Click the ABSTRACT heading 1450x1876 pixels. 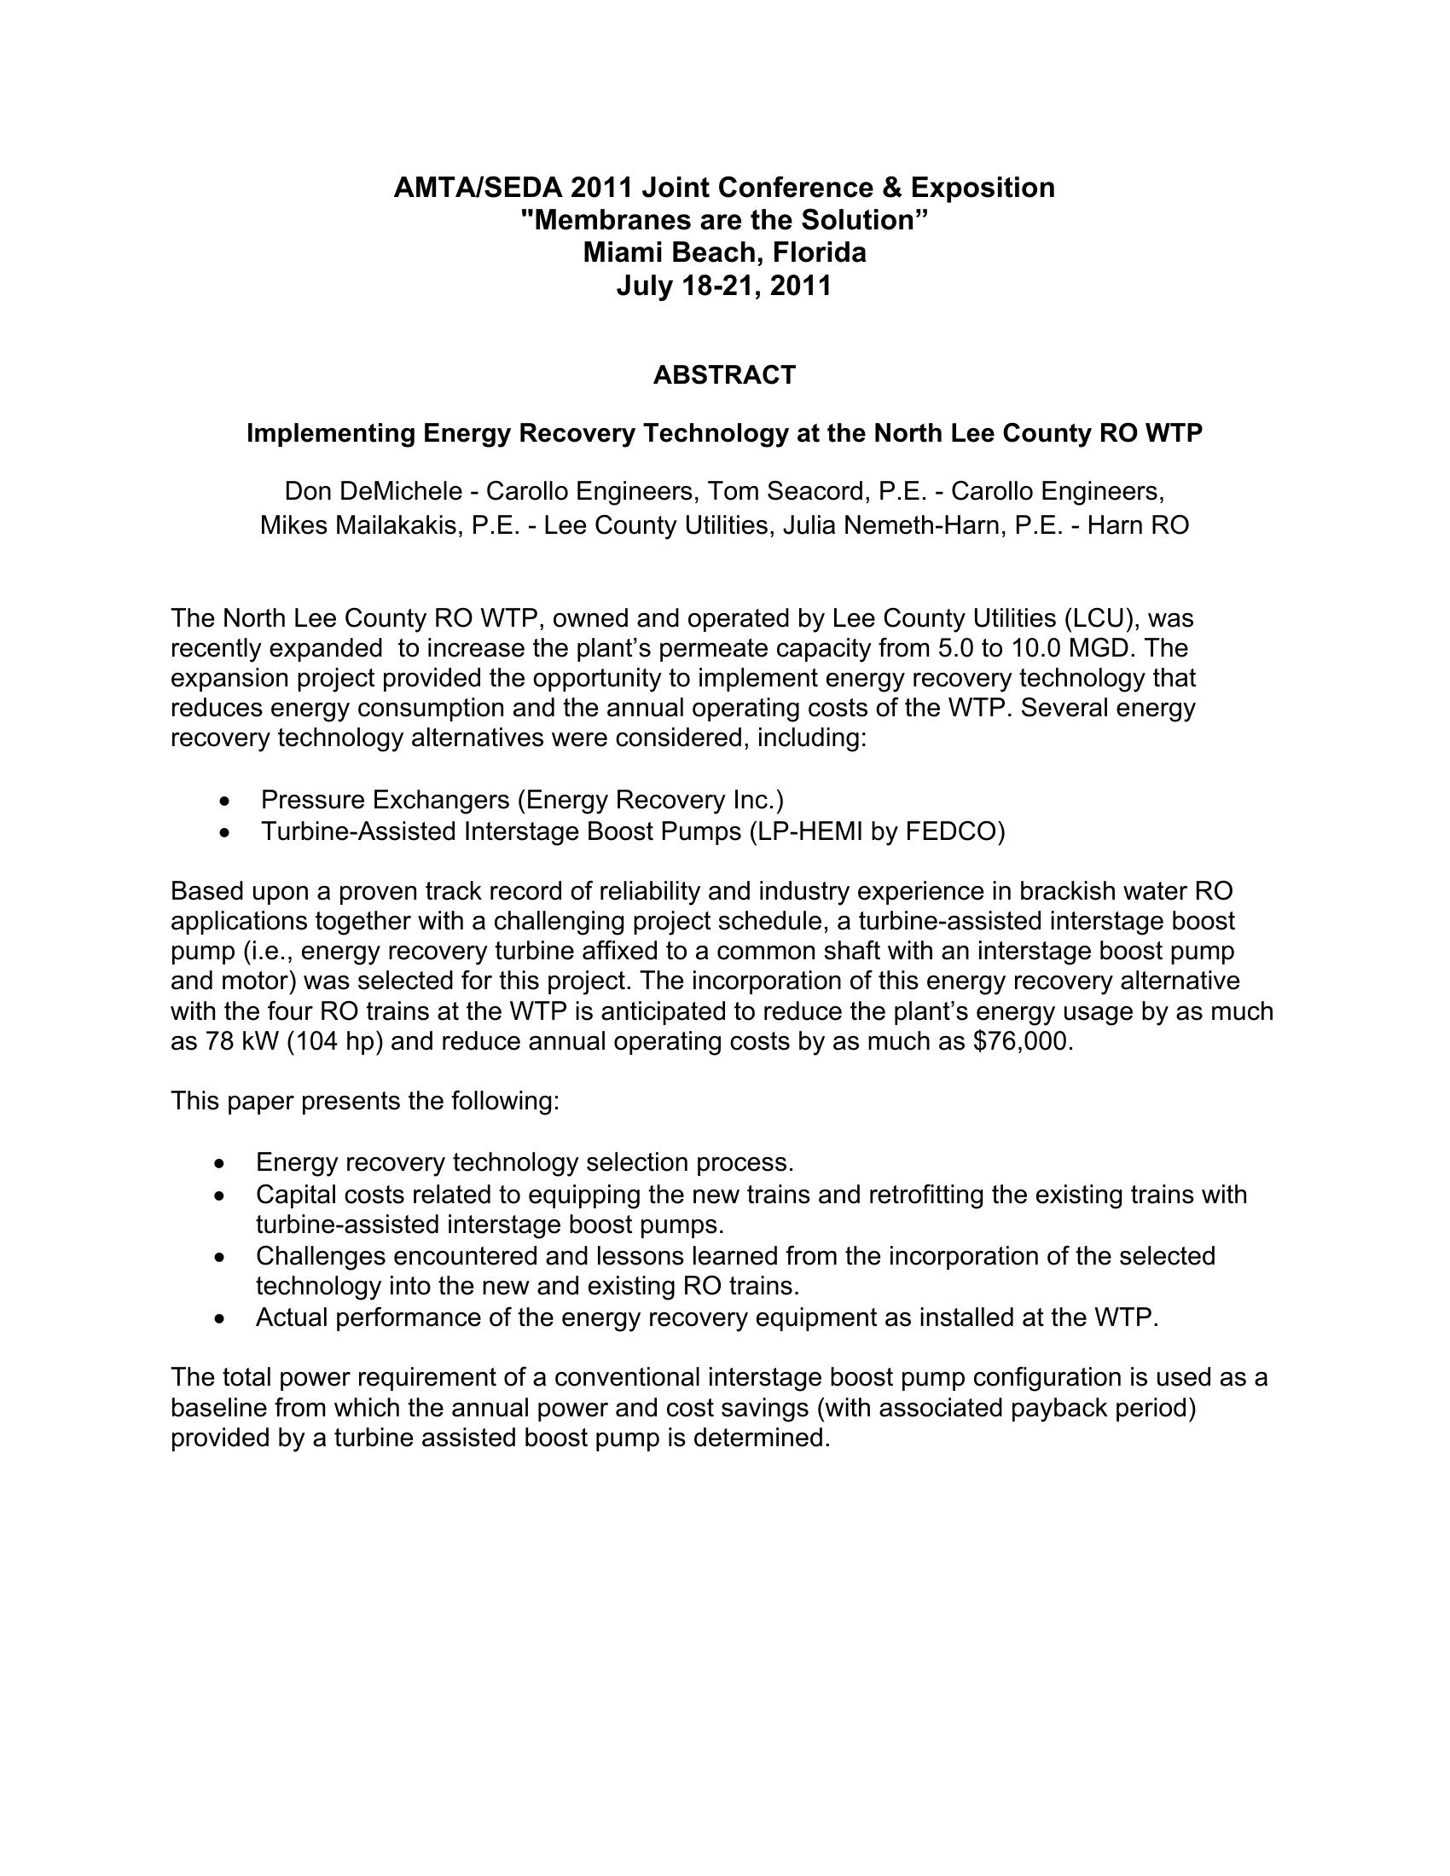(724, 375)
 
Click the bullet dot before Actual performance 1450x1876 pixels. (223, 1317)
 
